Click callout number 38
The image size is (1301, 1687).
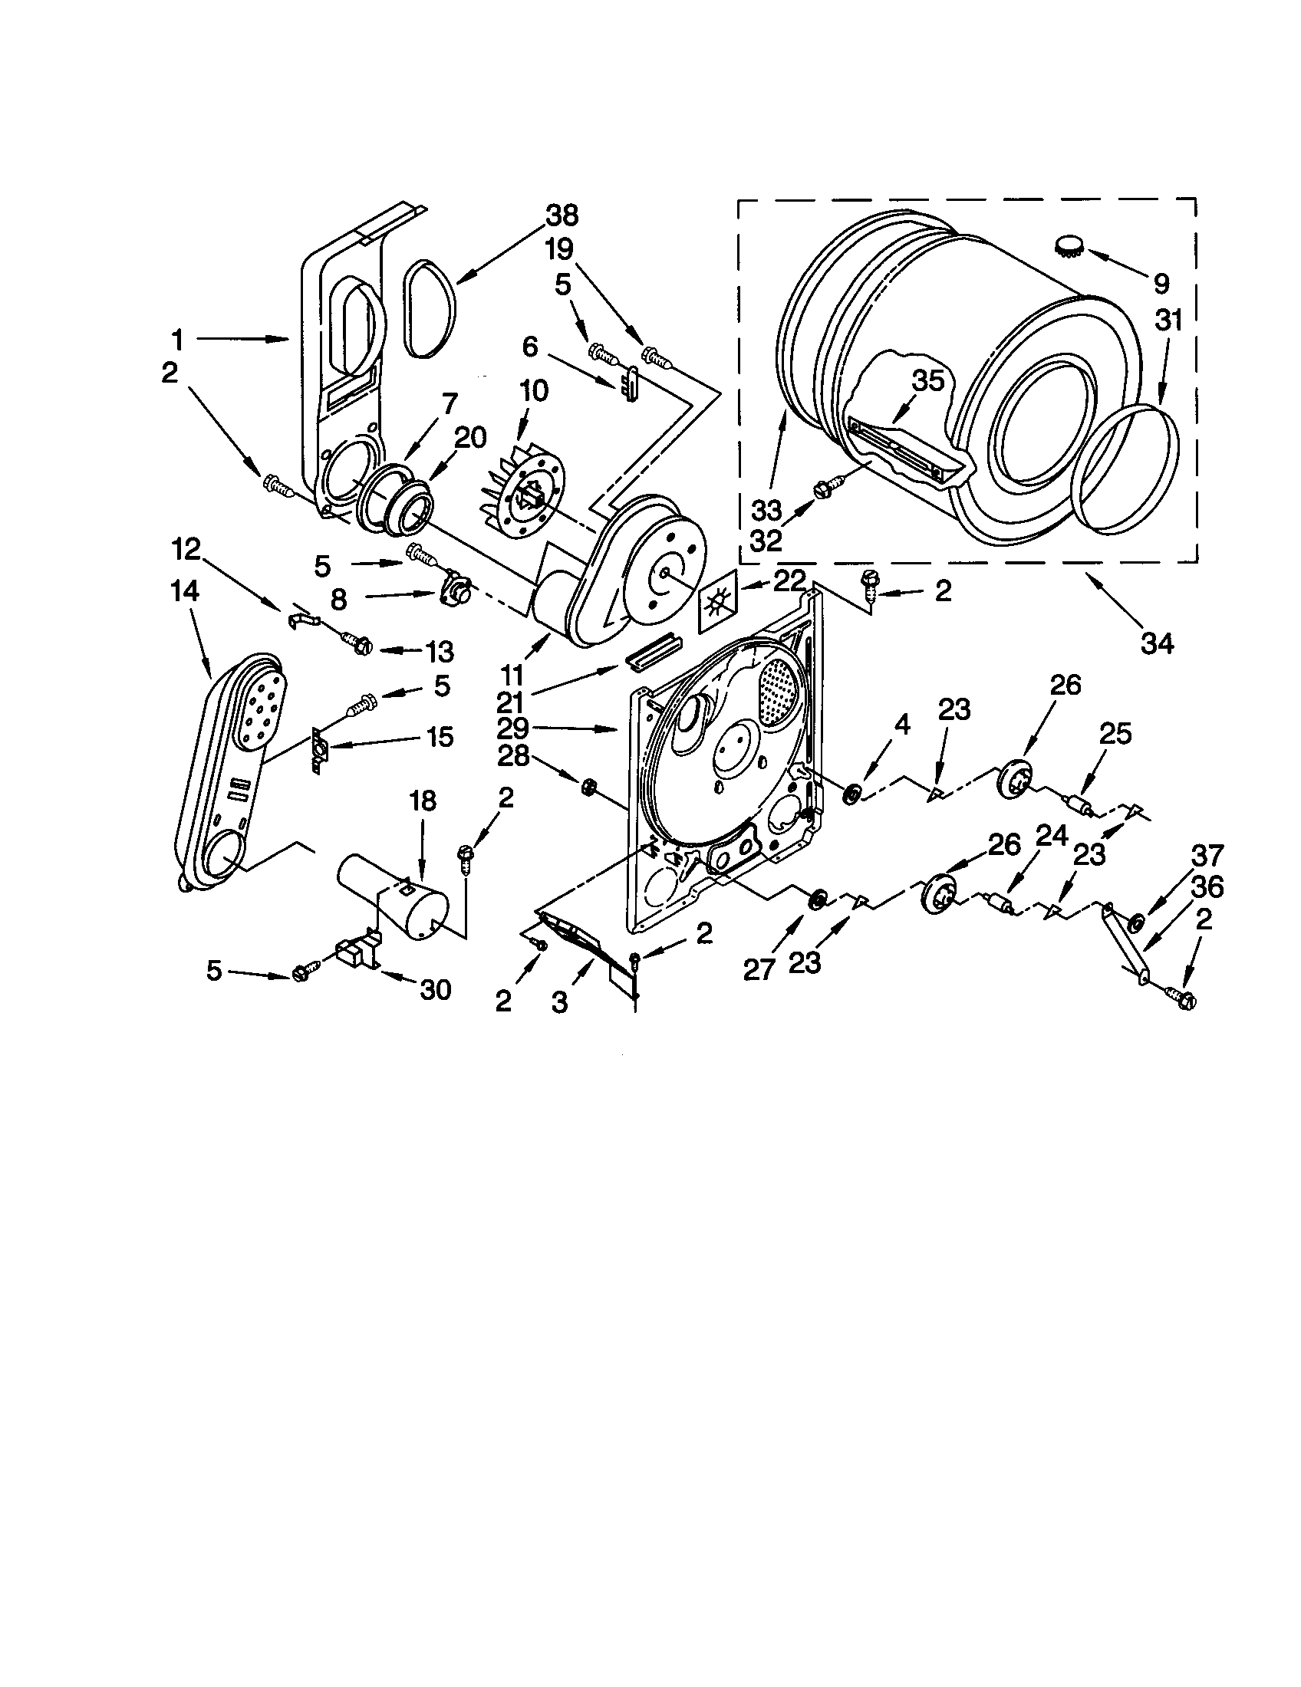click(x=562, y=215)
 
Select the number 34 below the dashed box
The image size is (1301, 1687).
click(x=1157, y=642)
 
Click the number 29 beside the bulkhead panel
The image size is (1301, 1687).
click(x=513, y=728)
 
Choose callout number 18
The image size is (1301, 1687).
click(x=423, y=801)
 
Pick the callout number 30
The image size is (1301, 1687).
click(x=435, y=989)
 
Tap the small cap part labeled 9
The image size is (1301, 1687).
click(x=1068, y=245)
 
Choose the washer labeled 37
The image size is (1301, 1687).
click(x=1136, y=923)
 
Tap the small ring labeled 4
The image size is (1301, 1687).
click(x=852, y=793)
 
